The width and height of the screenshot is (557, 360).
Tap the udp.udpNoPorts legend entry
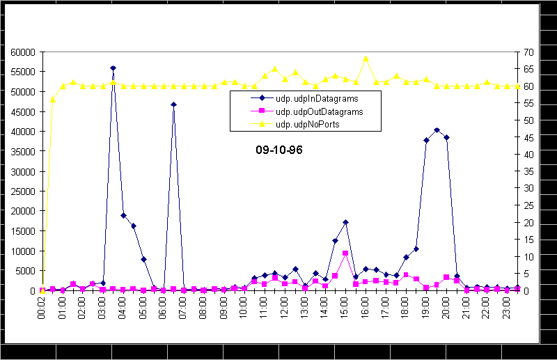tap(313, 124)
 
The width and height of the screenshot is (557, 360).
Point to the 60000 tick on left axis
tap(22, 52)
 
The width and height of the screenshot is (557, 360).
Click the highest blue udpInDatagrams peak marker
tap(113, 68)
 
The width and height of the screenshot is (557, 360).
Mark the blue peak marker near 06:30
tap(173, 104)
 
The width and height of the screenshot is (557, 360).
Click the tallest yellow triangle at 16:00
tap(366, 58)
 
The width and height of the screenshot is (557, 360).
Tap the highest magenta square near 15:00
tap(345, 253)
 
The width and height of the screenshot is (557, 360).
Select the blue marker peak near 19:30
tap(437, 130)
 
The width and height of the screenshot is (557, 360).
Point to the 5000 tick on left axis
tap(24, 271)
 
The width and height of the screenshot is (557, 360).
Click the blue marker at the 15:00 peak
tap(345, 222)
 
